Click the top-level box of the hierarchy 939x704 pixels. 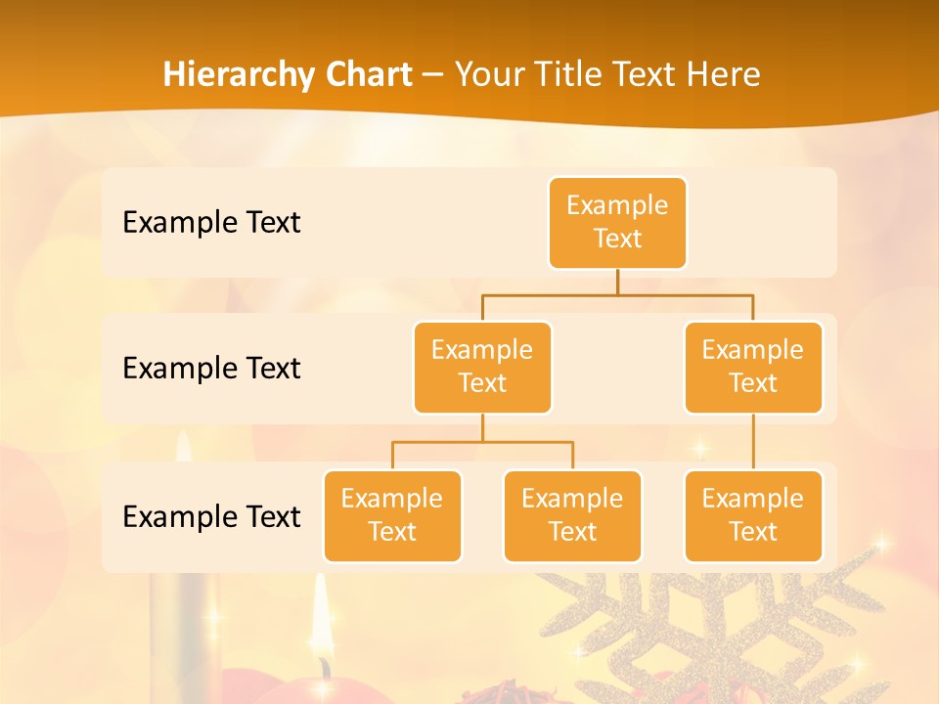point(617,222)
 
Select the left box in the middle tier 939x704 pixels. point(482,367)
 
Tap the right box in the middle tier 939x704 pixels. point(753,367)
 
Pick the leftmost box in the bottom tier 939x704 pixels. point(392,515)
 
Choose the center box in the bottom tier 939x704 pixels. point(572,515)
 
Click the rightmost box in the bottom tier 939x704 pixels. point(753,515)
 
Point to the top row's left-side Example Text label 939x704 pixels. point(211,222)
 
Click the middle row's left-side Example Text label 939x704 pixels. point(211,368)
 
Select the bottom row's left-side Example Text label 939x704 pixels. point(211,516)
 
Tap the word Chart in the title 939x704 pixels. point(364,74)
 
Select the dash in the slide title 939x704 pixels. point(432,75)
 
